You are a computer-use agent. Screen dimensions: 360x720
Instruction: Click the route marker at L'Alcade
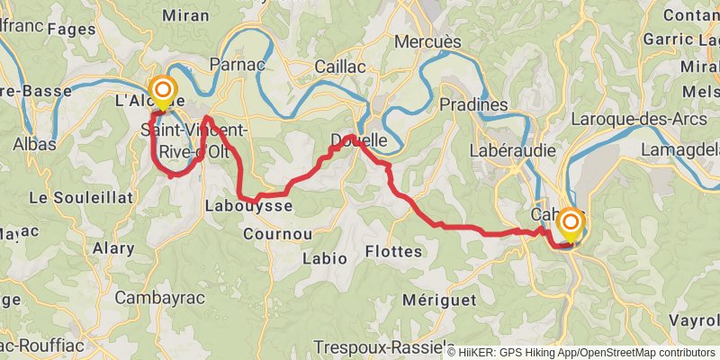163,90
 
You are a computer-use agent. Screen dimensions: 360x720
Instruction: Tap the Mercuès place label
428,42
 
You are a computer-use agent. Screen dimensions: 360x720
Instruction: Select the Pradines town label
474,105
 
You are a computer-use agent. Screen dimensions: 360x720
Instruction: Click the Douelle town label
359,140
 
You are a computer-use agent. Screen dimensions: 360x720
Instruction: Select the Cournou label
277,234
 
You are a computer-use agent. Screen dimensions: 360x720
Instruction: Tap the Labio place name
325,258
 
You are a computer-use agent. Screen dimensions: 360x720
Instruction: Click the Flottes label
394,252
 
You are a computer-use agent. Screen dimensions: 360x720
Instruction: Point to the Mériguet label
439,301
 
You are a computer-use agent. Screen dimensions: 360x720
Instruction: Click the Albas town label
35,144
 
